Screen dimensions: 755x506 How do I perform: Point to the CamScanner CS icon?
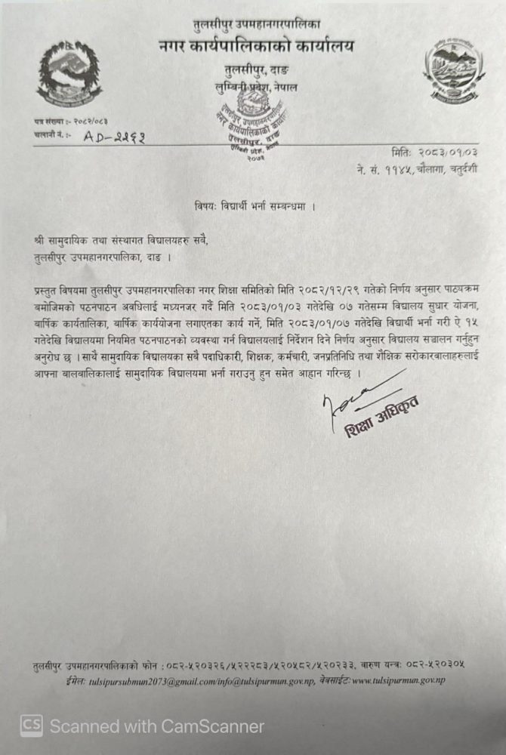point(31,726)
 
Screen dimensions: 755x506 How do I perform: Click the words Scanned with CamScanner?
point(157,726)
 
